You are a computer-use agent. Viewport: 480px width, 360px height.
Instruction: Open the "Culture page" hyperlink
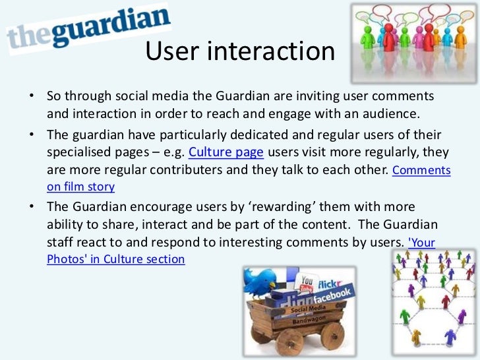coord(226,153)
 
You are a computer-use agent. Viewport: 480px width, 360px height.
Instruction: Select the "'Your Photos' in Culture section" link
coord(116,259)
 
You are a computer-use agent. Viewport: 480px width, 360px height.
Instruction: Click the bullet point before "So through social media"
coord(31,97)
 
